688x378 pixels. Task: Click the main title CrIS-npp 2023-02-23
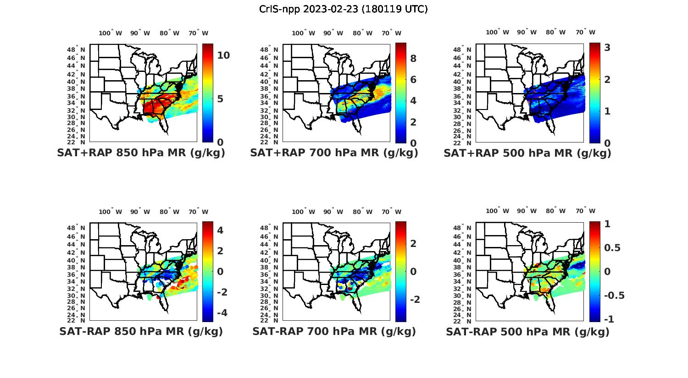343,9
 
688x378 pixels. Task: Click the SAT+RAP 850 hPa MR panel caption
141,153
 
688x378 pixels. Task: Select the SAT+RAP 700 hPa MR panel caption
334,153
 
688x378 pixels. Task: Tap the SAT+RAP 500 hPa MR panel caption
527,153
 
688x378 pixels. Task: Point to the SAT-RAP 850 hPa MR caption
141,331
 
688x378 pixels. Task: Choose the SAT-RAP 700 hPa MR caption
334,331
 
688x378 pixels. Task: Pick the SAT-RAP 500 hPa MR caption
527,332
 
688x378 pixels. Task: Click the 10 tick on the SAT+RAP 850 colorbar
223,55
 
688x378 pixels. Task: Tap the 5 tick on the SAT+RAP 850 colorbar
220,99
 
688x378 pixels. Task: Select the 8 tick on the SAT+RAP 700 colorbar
413,58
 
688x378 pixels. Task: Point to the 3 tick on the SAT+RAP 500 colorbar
607,47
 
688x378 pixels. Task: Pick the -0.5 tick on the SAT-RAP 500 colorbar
614,296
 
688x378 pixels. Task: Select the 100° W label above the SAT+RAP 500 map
498,32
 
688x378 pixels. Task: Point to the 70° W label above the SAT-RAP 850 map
198,212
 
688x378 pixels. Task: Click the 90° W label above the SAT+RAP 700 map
333,33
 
